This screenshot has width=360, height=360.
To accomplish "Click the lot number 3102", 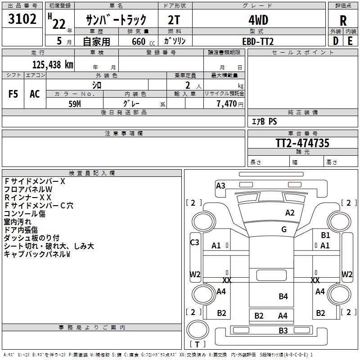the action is [22, 19].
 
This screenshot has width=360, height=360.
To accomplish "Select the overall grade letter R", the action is [343, 21].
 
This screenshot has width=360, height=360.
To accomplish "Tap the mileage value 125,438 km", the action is [53, 65].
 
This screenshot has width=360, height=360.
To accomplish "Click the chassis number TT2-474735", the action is [302, 143].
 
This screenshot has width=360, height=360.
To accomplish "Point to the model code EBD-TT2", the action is [258, 41].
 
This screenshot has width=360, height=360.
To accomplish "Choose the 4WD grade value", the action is [258, 20].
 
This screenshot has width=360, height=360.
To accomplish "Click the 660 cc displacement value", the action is [143, 41].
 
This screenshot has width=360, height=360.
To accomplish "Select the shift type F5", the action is [13, 94].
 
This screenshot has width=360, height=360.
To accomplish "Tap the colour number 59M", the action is [75, 104].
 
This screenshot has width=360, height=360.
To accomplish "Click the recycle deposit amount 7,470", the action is [227, 104].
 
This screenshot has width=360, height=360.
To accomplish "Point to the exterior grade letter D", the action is [336, 41].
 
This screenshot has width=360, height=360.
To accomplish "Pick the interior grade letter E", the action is [350, 41].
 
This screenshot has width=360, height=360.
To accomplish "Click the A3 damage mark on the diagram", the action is [220, 185].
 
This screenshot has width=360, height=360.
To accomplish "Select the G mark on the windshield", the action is [284, 229].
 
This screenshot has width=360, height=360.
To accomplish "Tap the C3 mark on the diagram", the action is [194, 242].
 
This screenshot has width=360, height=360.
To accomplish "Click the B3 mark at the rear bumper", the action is [283, 330].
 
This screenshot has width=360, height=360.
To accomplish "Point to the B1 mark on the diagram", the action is [325, 235].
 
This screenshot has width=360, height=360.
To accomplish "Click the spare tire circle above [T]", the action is [198, 329].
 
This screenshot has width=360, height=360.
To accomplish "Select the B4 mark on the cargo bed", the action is [283, 297].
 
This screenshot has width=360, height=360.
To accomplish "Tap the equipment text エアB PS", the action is [264, 121].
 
